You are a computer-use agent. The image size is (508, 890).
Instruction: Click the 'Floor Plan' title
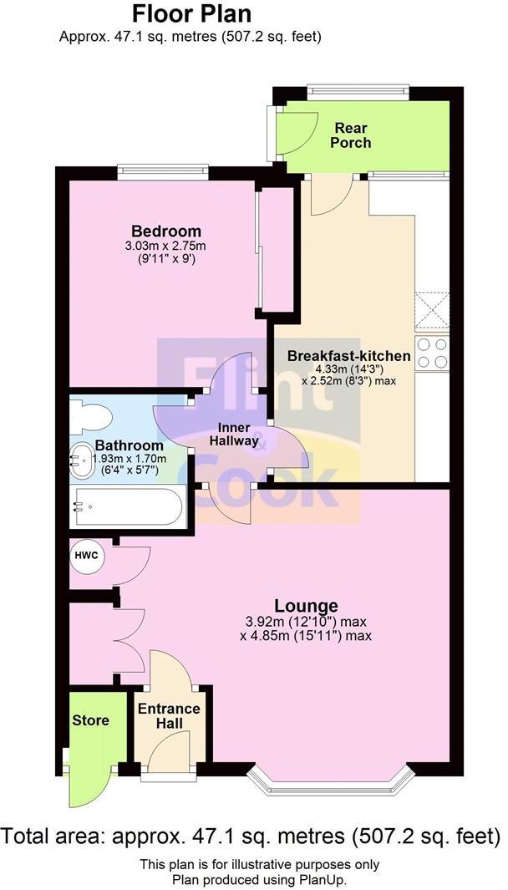point(191,14)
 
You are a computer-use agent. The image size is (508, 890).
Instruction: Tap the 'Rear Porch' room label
point(352,135)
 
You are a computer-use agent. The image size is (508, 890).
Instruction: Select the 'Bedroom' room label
point(166,231)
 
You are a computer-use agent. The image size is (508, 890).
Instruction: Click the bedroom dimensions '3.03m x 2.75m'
point(166,246)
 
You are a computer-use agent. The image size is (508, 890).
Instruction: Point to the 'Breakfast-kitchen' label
point(348,356)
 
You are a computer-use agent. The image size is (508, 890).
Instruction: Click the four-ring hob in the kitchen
point(432,353)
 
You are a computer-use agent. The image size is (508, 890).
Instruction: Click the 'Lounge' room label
point(307,606)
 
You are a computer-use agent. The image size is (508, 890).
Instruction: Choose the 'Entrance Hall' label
point(168,716)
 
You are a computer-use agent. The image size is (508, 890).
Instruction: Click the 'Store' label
point(90,720)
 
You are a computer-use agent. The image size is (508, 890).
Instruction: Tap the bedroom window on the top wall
point(162,171)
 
